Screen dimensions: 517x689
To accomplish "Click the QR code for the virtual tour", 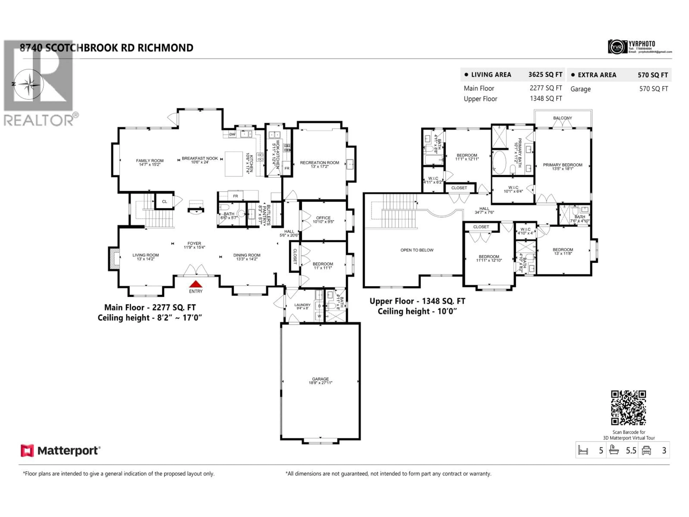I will point(628,407).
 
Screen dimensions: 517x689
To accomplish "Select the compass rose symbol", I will point(29,84).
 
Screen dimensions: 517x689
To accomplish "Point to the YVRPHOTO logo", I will point(617,47).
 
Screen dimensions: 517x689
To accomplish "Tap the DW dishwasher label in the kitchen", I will point(232,134).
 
